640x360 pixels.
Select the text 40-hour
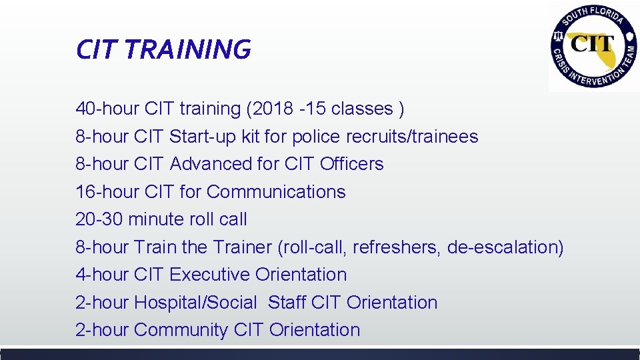coord(101,109)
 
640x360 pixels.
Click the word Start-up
coord(199,137)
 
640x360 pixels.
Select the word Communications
coord(276,192)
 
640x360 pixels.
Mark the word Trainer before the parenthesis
coord(242,247)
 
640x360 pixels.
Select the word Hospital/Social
coord(195,303)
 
